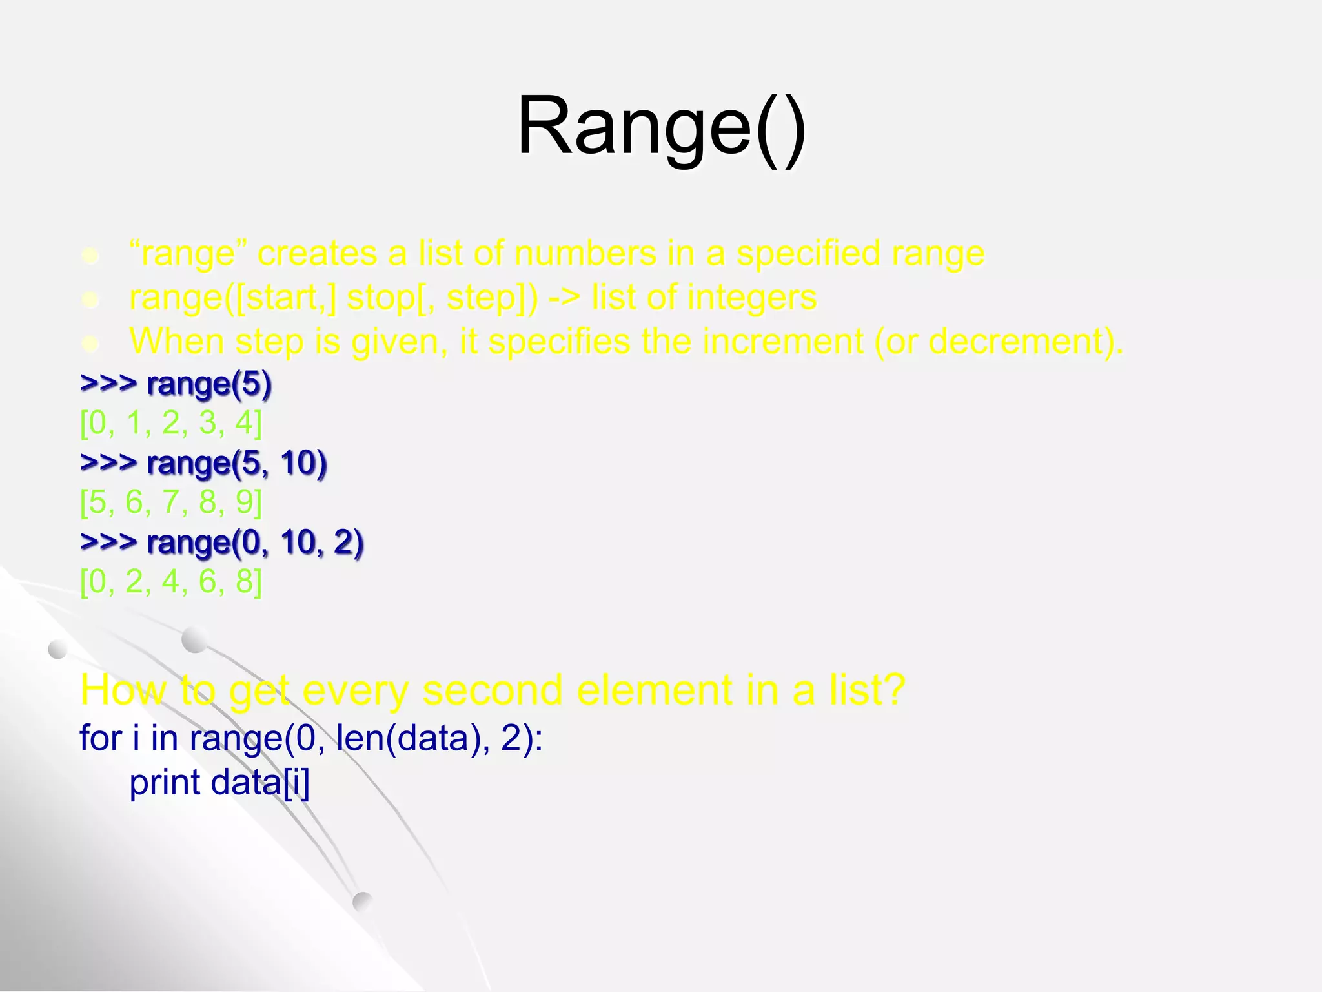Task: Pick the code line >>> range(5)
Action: [x=176, y=384]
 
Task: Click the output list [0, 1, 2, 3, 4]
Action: [x=171, y=423]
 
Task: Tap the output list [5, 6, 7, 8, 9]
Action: [x=171, y=502]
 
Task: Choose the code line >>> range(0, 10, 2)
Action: [x=222, y=542]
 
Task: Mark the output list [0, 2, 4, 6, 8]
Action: [x=171, y=581]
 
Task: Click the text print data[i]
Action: [x=219, y=782]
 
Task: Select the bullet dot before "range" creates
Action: [x=91, y=256]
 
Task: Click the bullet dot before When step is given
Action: [x=91, y=344]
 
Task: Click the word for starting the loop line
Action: [x=101, y=738]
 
